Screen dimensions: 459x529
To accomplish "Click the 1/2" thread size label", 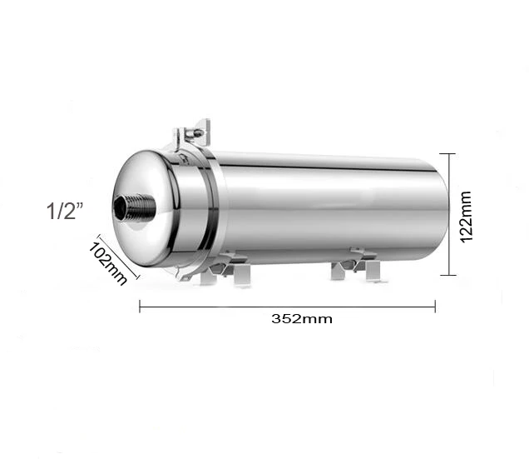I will (66, 212).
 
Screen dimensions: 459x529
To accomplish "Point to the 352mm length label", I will (296, 318).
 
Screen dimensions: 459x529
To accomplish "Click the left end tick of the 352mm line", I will (140, 307).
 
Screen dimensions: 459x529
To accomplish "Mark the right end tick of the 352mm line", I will (435, 307).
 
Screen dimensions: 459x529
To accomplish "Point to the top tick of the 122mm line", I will (450, 153).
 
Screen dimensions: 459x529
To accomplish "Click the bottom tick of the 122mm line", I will (450, 275).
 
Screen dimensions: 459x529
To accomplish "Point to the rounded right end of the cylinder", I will (439, 212).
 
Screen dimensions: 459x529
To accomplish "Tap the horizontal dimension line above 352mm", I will (287, 307).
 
